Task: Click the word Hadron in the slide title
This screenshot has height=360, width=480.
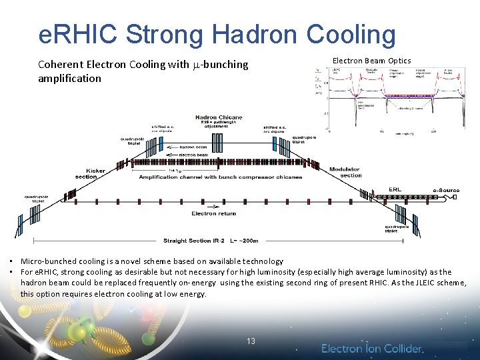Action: pyautogui.click(x=247, y=35)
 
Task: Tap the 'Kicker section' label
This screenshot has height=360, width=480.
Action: pyautogui.click(x=90, y=173)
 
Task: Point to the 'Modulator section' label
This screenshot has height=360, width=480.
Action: pyautogui.click(x=345, y=172)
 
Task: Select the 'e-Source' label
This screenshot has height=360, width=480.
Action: pyautogui.click(x=446, y=191)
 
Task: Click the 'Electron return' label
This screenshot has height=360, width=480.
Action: pyautogui.click(x=213, y=213)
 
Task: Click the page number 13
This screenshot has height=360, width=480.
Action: pyautogui.click(x=251, y=341)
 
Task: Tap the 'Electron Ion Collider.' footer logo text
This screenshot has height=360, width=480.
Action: pyautogui.click(x=372, y=348)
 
